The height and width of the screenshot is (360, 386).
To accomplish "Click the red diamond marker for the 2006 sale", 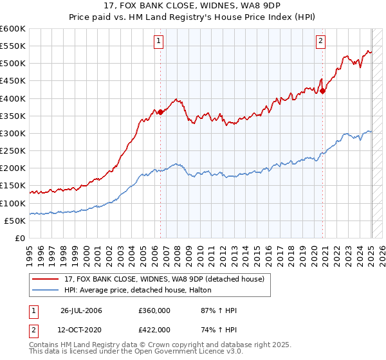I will click(x=160, y=112).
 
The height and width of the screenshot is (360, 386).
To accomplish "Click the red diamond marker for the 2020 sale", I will click(x=323, y=91).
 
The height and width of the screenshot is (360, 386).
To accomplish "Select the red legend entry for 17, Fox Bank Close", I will click(x=163, y=279).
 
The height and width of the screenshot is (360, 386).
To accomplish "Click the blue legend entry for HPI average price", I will click(x=141, y=291).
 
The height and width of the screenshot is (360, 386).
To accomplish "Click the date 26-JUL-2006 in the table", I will click(x=82, y=311).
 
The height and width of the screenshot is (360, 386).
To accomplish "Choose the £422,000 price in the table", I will click(x=154, y=329).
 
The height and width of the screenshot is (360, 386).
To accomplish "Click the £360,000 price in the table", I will click(x=154, y=311).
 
